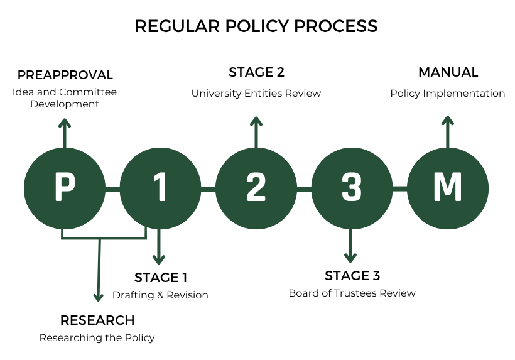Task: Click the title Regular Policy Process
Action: click(256, 26)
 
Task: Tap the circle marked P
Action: click(64, 188)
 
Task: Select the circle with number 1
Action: click(160, 188)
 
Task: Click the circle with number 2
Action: click(256, 188)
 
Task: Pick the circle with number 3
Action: click(352, 188)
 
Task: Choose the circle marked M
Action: click(448, 188)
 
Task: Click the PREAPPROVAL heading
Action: click(65, 75)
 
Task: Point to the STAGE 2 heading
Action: click(256, 72)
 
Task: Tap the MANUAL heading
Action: click(448, 72)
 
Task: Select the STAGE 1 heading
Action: click(161, 278)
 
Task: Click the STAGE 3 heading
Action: click(352, 276)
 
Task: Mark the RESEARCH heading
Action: click(97, 320)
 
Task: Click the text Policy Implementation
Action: click(448, 94)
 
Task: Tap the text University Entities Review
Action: click(256, 94)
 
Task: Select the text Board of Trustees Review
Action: click(352, 293)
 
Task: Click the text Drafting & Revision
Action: click(160, 295)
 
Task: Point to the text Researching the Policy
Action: click(97, 338)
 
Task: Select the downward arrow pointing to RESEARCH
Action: click(99, 270)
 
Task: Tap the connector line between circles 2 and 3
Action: click(304, 188)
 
